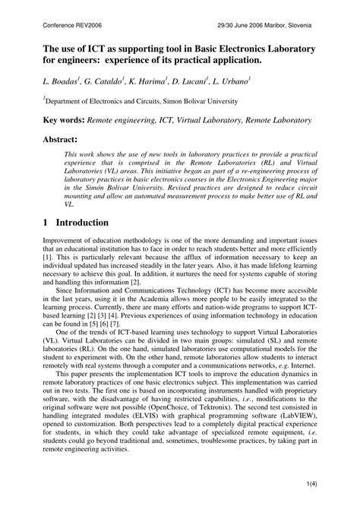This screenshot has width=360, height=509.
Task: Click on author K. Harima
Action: (157, 79)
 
